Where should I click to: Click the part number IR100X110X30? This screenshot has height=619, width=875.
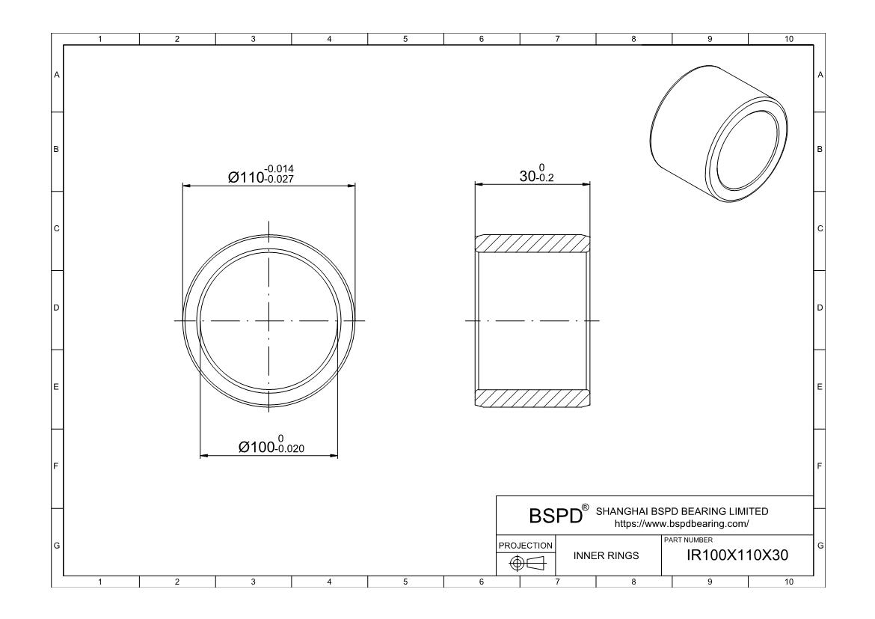736,555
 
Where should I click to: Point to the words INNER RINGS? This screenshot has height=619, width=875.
606,556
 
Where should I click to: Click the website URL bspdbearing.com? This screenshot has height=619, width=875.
681,524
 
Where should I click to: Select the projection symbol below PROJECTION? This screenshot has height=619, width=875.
526,562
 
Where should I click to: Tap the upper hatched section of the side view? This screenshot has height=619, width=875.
532,243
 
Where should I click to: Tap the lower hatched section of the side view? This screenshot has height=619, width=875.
532,398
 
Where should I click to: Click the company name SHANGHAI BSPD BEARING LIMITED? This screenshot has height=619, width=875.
681,511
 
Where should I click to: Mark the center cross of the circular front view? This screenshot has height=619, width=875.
269,321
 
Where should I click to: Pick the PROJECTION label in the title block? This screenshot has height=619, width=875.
526,545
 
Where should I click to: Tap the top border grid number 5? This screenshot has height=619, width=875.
405,38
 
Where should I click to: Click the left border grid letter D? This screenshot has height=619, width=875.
56,308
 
